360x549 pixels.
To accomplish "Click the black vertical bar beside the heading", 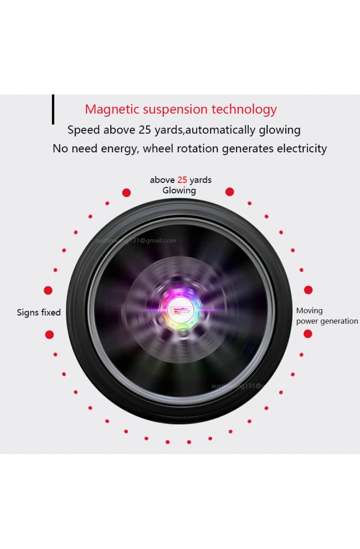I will coord(53,109).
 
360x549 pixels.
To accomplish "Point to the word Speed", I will coord(84,130).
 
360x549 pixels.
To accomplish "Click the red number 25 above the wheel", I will coord(182,180).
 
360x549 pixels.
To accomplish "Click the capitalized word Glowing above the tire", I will coord(179,190).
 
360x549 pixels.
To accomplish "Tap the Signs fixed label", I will coord(39,313).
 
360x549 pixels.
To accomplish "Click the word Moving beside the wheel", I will coord(309,311).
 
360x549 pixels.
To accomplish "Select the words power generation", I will coord(327,321).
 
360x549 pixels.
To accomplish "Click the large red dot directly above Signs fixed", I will coord(48,290).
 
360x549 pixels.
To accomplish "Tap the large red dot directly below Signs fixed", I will coord(49,335).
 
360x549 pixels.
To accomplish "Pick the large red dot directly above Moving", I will coord(308,290).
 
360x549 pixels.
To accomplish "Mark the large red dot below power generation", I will coord(308,334).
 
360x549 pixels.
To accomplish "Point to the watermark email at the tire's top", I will coord(136,241).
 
